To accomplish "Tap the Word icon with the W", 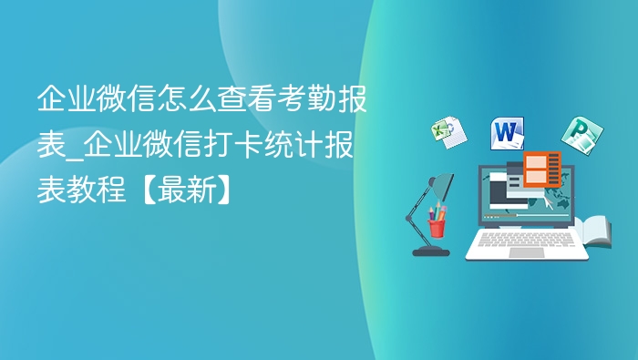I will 507,134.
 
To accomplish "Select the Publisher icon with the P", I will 577,135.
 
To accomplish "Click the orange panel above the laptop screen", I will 542,169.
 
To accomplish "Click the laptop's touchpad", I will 526,252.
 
